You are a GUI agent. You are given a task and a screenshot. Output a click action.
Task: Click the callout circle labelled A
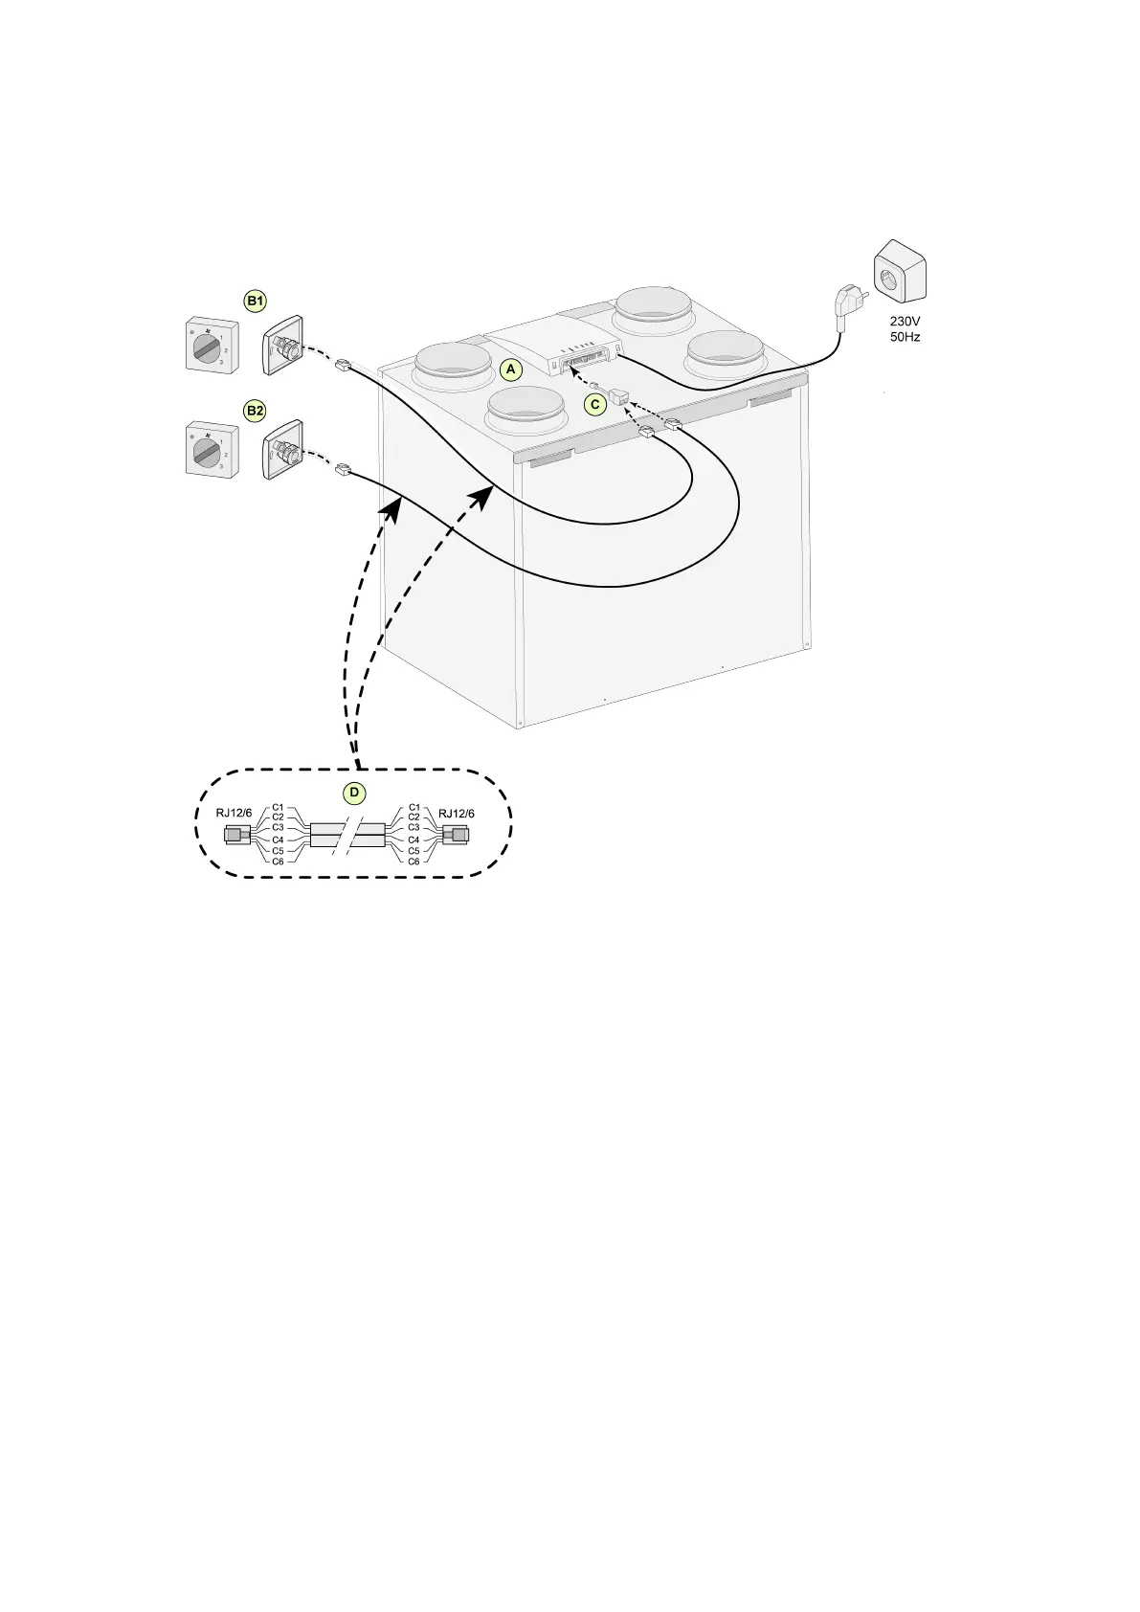tap(510, 369)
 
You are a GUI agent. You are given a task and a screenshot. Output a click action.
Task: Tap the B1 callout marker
tap(256, 302)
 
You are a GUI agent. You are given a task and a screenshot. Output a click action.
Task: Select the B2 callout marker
tap(256, 411)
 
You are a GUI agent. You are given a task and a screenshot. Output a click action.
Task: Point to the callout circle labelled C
tap(595, 404)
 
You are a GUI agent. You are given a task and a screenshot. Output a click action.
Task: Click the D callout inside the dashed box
tap(354, 794)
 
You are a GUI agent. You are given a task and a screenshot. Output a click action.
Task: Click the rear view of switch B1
tap(283, 344)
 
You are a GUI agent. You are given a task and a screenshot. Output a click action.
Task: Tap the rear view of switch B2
tap(283, 449)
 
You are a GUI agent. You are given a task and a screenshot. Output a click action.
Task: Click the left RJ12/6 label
tap(235, 813)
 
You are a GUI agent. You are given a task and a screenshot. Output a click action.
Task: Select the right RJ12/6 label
tap(456, 813)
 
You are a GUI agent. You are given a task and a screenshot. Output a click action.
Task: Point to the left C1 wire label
tap(278, 807)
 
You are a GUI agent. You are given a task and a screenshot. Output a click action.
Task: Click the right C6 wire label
tap(414, 862)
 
